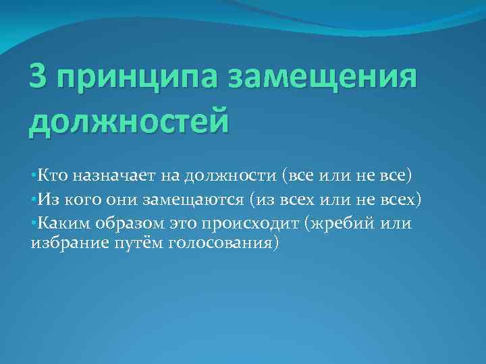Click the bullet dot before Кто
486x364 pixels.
coord(33,177)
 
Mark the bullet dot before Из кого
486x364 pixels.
coord(33,200)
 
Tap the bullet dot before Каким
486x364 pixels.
coord(33,223)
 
